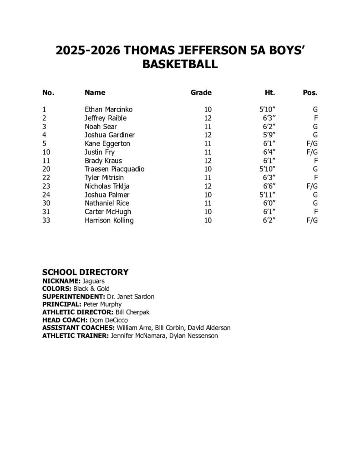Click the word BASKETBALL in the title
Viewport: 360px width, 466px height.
[x=180, y=65]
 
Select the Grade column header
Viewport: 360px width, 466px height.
[x=201, y=92]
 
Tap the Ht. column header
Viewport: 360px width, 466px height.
[x=270, y=92]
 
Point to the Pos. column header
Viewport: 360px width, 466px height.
[x=310, y=92]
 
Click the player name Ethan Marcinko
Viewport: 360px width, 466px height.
[x=109, y=109]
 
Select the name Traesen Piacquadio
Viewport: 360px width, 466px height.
[x=114, y=169]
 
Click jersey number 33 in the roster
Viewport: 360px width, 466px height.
[x=46, y=220]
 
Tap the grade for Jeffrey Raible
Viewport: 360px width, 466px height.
[x=208, y=118]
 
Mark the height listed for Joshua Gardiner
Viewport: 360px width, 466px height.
[x=269, y=135]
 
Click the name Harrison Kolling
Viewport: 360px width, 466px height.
[x=109, y=220]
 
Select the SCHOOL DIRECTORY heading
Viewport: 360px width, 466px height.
[x=85, y=272]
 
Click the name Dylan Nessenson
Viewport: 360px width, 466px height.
[x=195, y=336]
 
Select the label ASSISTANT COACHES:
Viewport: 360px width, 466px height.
[x=78, y=328]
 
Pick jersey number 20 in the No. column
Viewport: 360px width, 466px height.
[x=46, y=169]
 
